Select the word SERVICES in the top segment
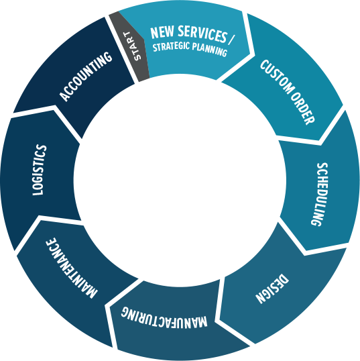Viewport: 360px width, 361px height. pyautogui.click(x=202, y=34)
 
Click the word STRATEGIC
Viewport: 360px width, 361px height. pyautogui.click(x=171, y=46)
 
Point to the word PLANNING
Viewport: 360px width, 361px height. pyautogui.click(x=210, y=50)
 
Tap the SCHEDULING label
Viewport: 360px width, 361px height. pyautogui.click(x=320, y=195)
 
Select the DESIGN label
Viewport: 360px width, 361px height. pyautogui.click(x=272, y=289)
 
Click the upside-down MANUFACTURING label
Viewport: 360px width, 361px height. pyautogui.click(x=164, y=317)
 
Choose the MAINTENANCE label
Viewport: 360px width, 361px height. pyautogui.click(x=72, y=268)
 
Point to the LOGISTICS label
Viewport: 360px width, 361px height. pyautogui.click(x=40, y=170)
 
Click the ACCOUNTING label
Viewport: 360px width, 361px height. pyautogui.click(x=86, y=76)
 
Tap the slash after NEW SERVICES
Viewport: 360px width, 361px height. pyautogui.click(x=231, y=40)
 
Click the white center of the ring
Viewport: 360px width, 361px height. pyautogui.click(x=180, y=180)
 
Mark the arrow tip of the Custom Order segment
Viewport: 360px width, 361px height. pyautogui.click(x=319, y=140)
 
